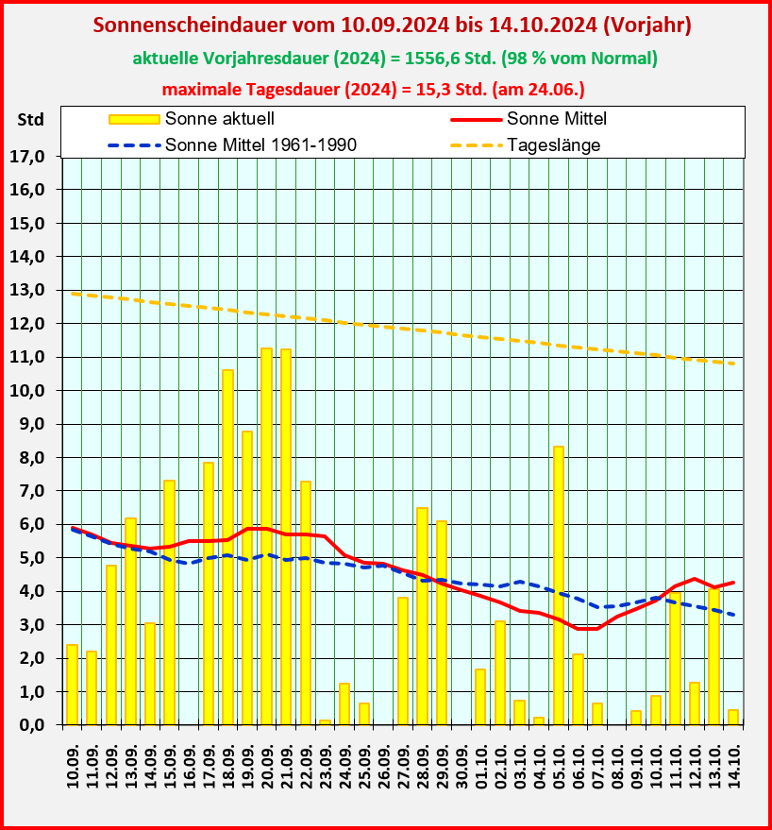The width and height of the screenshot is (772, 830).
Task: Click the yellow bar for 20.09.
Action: click(x=266, y=535)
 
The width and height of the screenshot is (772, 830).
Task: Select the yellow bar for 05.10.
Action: click(x=558, y=584)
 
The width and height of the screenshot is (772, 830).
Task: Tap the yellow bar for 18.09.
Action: click(x=227, y=547)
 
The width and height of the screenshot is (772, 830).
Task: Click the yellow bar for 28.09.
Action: click(x=422, y=616)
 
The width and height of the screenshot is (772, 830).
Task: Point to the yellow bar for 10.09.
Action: click(x=72, y=684)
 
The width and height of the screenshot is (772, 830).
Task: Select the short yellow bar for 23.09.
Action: click(x=325, y=721)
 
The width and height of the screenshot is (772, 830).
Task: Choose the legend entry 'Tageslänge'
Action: click(x=553, y=145)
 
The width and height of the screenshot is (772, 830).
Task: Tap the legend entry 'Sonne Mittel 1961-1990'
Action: click(x=260, y=145)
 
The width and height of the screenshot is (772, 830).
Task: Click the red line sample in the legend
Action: click(x=474, y=119)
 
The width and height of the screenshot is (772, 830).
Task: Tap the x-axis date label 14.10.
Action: click(x=733, y=761)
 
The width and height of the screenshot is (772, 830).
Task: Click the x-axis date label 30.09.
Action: click(x=461, y=761)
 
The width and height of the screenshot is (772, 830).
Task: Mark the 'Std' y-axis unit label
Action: click(x=30, y=120)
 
